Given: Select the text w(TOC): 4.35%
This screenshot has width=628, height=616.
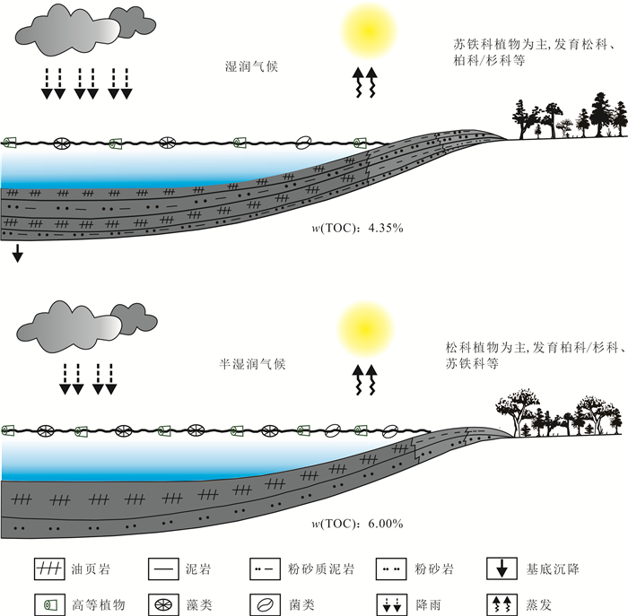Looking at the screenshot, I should click(356, 228).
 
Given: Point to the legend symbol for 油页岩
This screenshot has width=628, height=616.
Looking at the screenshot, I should click(46, 568).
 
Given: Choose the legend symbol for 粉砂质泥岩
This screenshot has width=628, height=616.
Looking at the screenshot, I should click(266, 568).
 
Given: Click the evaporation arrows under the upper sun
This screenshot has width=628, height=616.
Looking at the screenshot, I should click(366, 82).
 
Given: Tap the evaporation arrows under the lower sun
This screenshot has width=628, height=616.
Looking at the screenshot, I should click(366, 380).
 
